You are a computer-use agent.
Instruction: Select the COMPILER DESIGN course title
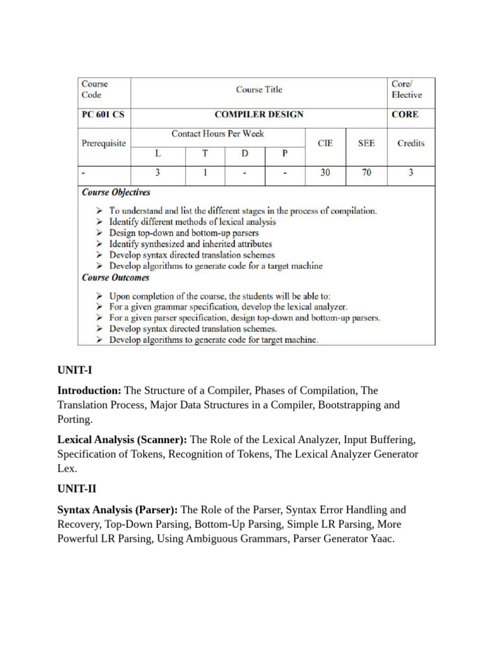tap(259, 115)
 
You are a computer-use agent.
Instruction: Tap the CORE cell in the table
tap(405, 115)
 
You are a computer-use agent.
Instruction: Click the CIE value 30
tap(325, 172)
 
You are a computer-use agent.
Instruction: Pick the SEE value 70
tap(367, 172)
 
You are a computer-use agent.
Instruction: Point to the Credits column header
tap(410, 143)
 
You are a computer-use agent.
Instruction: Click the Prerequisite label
tap(103, 143)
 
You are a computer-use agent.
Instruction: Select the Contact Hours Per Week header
tap(218, 134)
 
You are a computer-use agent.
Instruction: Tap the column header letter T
tap(205, 153)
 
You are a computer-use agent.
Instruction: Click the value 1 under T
tap(205, 172)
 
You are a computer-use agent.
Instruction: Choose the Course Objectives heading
tap(116, 192)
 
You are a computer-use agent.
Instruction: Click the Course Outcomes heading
tap(115, 277)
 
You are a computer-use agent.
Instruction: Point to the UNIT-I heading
tap(75, 369)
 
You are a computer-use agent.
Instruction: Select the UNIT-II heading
tap(77, 489)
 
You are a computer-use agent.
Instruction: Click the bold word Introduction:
tap(89, 390)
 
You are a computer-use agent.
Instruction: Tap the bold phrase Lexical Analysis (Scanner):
tap(122, 439)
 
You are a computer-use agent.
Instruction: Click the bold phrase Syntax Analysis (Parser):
tap(119, 510)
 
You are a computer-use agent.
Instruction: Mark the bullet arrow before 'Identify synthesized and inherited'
tap(100, 244)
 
